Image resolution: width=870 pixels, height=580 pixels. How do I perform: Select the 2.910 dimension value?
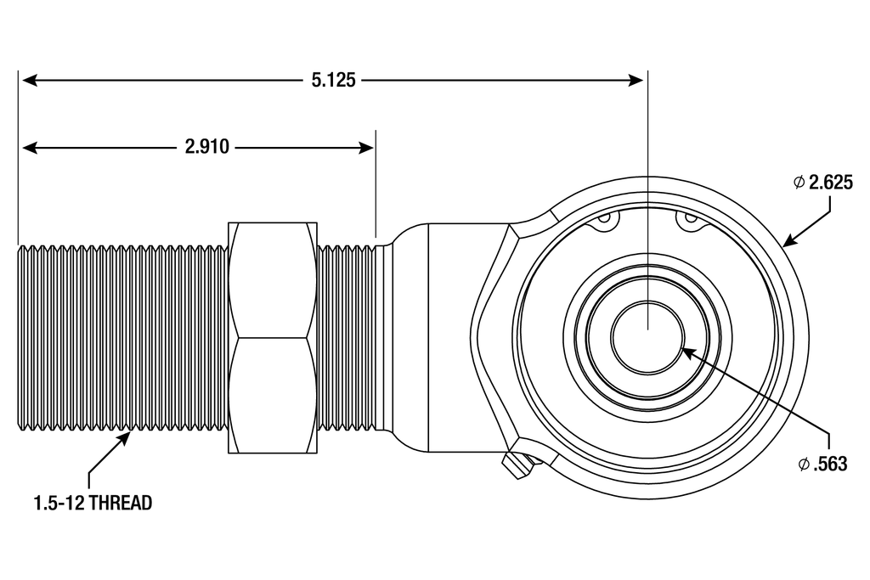point(207,147)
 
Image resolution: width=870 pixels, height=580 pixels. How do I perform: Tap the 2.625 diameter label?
point(830,183)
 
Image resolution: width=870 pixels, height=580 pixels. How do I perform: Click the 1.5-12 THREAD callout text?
point(93,503)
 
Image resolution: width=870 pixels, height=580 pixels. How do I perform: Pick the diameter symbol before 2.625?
point(799,183)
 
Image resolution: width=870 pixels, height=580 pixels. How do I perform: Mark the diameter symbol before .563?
point(804,464)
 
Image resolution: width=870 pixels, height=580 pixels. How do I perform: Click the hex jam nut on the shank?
point(273,337)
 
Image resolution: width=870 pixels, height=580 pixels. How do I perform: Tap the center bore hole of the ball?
point(648,337)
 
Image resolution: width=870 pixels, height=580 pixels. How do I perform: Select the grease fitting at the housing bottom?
point(516,464)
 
